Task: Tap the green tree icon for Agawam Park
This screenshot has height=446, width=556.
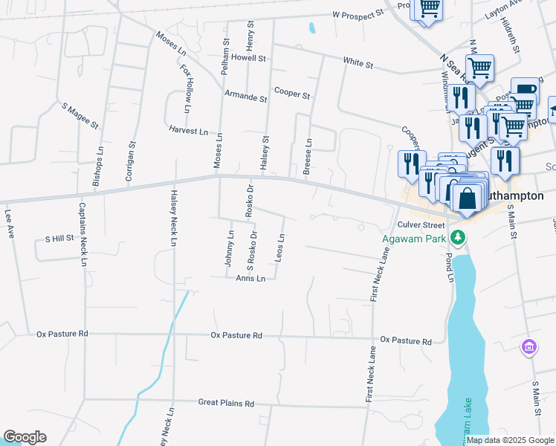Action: (459, 238)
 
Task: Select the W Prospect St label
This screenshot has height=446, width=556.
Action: (358, 14)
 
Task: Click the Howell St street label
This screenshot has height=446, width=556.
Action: (248, 57)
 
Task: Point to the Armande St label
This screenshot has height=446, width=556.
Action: (246, 97)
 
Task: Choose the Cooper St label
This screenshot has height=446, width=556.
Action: (291, 94)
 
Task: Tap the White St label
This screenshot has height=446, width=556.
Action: (358, 65)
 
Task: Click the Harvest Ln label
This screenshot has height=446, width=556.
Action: (188, 131)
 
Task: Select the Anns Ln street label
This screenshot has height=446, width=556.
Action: (250, 279)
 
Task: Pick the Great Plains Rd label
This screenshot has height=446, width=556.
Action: (226, 403)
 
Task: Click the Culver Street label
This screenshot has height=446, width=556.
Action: (420, 224)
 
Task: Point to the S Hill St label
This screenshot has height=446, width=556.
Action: (59, 239)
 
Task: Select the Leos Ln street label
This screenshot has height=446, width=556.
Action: (280, 248)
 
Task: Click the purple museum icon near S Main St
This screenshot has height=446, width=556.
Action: (528, 347)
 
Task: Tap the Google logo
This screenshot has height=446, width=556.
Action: (25, 438)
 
